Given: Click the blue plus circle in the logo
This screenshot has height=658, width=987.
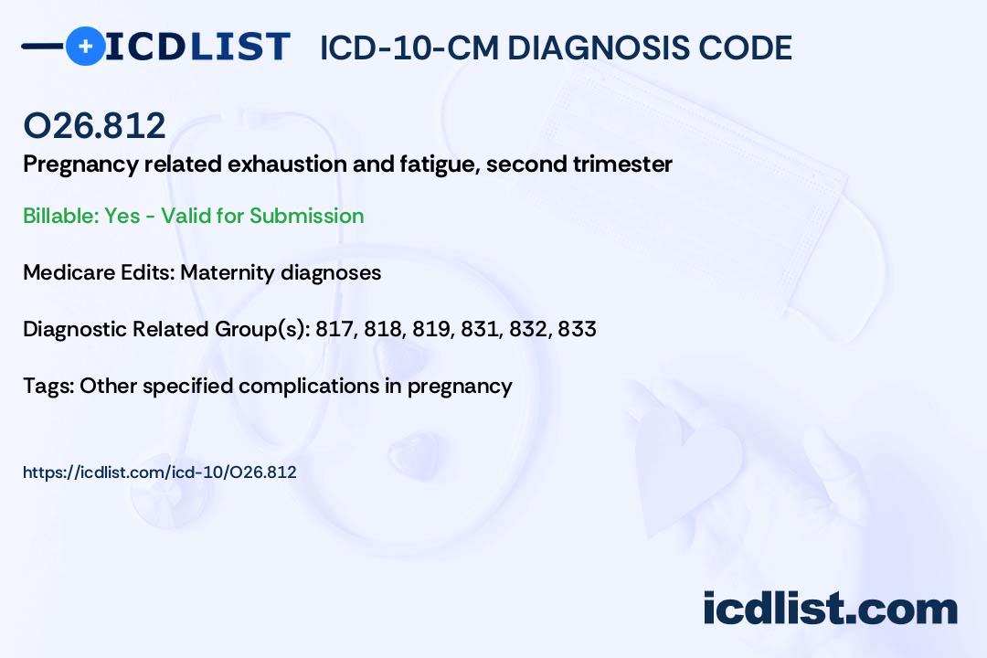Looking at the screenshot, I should coord(86,46).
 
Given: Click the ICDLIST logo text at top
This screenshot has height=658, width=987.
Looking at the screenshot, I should coord(197,47).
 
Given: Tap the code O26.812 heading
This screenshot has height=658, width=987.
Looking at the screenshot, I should coord(94,126).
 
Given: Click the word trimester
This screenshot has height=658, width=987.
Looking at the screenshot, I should coord(630,164).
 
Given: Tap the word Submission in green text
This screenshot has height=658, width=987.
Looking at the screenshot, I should coord(306,216).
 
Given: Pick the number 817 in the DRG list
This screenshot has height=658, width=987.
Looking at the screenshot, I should coord(334,329).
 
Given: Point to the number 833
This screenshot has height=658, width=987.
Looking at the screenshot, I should coord(577,329).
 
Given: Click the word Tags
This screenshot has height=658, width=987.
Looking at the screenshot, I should coord(46,386).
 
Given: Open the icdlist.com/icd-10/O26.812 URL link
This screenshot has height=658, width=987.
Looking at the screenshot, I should coord(159,472).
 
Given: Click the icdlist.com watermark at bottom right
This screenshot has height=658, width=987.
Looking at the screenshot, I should coord(830,609).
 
